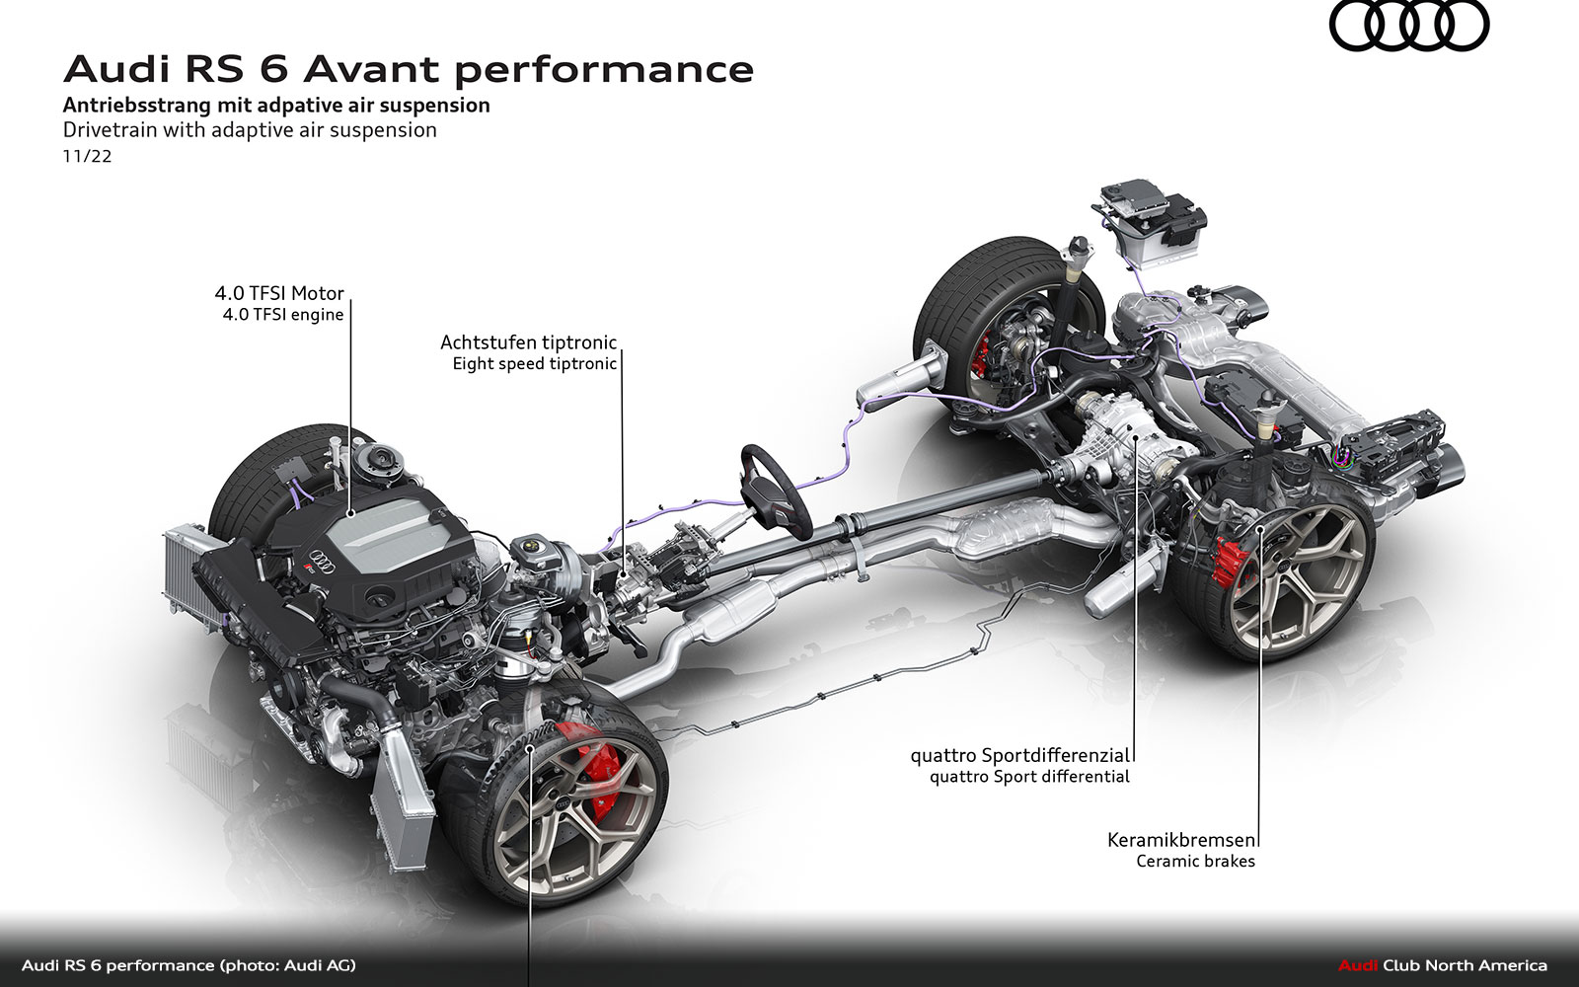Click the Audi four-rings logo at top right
(1408, 27)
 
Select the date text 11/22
(87, 156)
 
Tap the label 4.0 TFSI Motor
(279, 293)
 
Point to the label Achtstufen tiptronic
(528, 342)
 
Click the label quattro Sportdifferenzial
(1019, 755)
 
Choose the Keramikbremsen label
(1181, 840)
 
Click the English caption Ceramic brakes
(1195, 861)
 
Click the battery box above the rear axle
(1151, 224)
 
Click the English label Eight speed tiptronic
(534, 364)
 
